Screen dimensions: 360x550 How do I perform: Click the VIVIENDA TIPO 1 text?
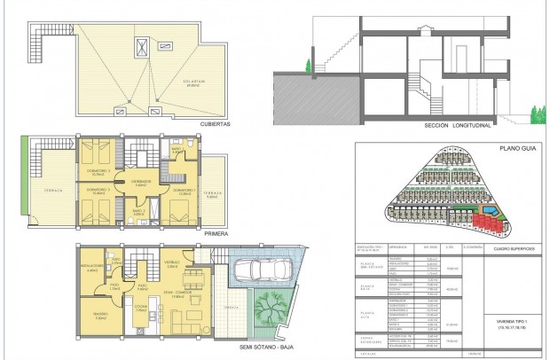coord(515,322)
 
